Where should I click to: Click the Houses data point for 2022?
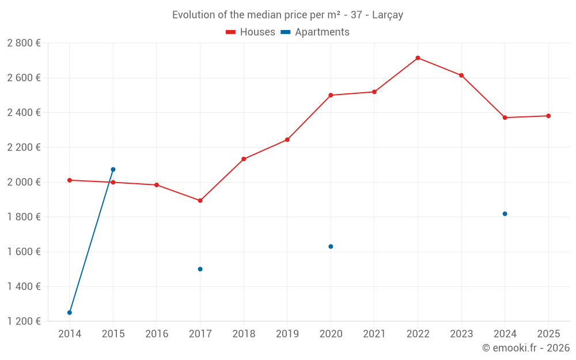pyautogui.click(x=418, y=58)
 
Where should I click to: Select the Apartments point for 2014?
pyautogui.click(x=70, y=313)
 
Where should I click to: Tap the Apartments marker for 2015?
pyautogui.click(x=113, y=169)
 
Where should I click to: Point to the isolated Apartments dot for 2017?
pyautogui.click(x=200, y=269)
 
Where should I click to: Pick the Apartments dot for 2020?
pyautogui.click(x=331, y=247)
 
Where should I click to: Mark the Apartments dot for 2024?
pyautogui.click(x=505, y=214)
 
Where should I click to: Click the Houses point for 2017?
pyautogui.click(x=200, y=200)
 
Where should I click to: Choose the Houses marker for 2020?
pyautogui.click(x=331, y=95)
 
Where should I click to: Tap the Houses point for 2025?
pyautogui.click(x=548, y=116)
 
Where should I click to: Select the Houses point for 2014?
pyautogui.click(x=70, y=180)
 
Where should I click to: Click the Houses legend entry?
pyautogui.click(x=251, y=32)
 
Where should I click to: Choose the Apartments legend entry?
pyautogui.click(x=315, y=32)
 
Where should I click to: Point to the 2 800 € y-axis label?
pyautogui.click(x=24, y=43)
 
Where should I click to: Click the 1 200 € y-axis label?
pyautogui.click(x=24, y=321)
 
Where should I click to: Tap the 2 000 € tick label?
pyautogui.click(x=24, y=182)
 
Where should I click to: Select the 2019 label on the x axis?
pyautogui.click(x=287, y=334)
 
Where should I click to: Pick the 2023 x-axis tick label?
pyautogui.click(x=461, y=334)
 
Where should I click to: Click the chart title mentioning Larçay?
pyautogui.click(x=287, y=15)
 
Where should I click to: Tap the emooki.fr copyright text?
pyautogui.click(x=526, y=348)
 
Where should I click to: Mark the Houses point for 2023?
pyautogui.click(x=461, y=75)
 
